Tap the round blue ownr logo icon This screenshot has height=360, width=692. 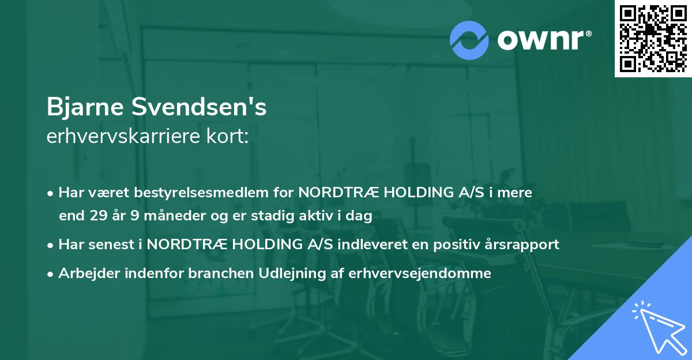pyautogui.click(x=469, y=40)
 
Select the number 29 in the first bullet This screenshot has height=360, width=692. pyautogui.click(x=96, y=216)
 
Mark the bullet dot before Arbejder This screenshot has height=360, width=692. pyautogui.click(x=51, y=274)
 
